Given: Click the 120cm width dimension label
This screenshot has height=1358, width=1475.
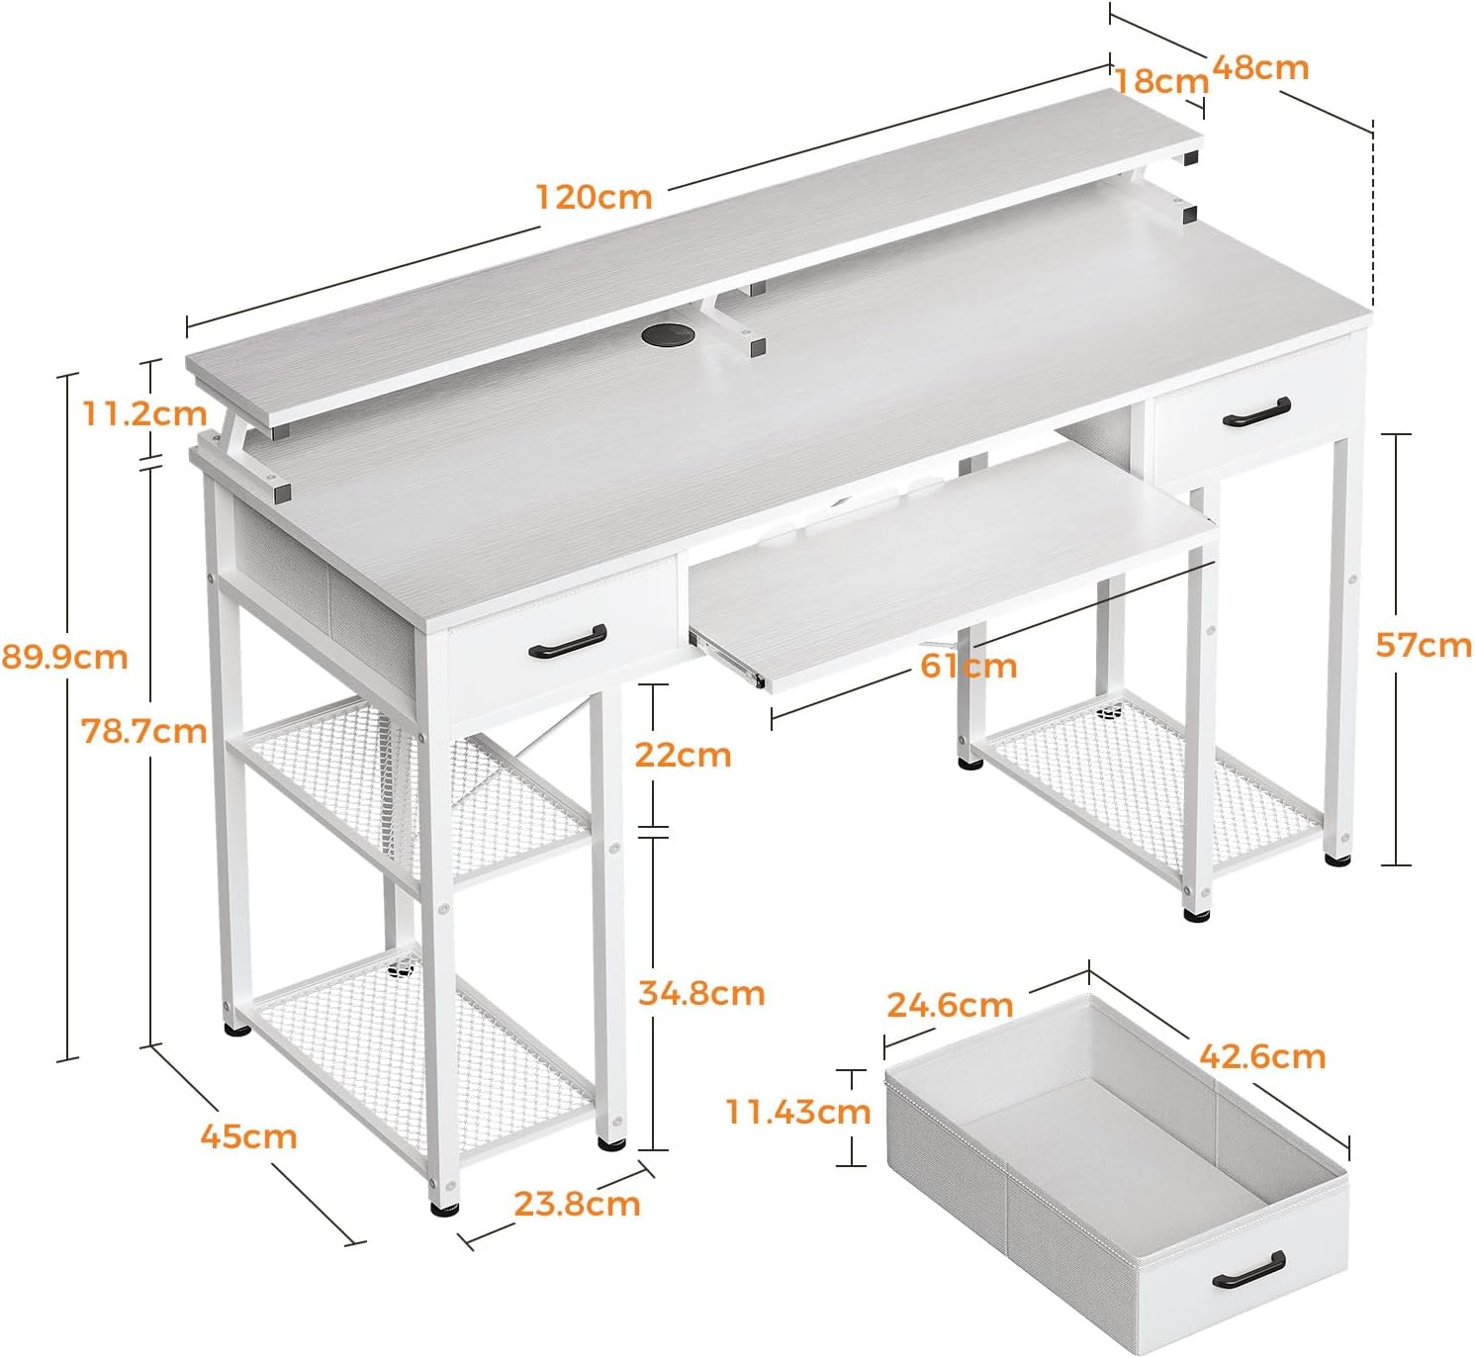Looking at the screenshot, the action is [594, 197].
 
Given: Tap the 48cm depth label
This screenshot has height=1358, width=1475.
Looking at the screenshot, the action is [1260, 67].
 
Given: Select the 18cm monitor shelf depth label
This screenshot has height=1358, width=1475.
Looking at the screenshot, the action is [1161, 81].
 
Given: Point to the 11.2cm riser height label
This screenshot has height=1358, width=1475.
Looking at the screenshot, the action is [144, 413].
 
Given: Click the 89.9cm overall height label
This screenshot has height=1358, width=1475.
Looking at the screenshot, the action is [64, 656].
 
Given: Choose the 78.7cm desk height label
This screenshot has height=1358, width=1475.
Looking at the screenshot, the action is [144, 731].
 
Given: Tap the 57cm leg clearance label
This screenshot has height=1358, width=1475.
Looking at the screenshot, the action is [1424, 645].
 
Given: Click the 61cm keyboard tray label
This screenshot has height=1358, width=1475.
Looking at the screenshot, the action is [968, 666].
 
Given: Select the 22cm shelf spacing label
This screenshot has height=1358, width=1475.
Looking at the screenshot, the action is [683, 755].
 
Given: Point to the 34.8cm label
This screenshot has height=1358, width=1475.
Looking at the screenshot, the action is [701, 993].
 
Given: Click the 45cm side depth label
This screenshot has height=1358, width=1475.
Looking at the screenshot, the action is [248, 1136].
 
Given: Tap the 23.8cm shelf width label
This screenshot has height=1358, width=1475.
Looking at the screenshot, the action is [577, 1204].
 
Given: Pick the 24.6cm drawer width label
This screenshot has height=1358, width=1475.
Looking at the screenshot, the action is [950, 1004].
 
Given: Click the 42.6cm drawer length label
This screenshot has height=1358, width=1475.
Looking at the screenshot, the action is [1262, 1056].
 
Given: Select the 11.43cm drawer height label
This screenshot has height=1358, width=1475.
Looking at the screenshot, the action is [797, 1111].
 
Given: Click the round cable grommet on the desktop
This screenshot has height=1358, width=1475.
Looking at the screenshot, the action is [668, 335].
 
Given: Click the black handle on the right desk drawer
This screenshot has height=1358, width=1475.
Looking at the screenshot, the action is [1256, 411].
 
